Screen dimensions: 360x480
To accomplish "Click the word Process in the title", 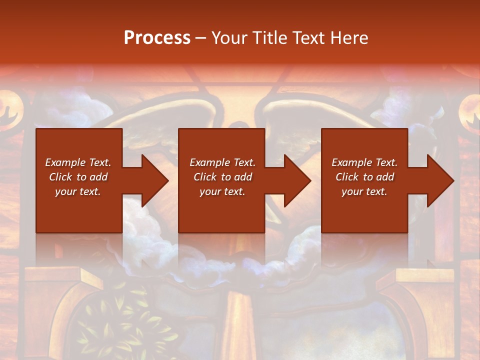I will click(157, 38).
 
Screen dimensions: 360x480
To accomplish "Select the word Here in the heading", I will click(349, 38).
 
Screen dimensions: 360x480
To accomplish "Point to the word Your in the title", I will click(229, 38).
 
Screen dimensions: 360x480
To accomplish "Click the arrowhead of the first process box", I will click(152, 181).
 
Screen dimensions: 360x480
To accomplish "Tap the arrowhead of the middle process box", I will click(295, 181).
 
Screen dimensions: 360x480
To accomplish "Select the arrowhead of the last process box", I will click(438, 181).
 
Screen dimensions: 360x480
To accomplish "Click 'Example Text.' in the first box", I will click(78, 162).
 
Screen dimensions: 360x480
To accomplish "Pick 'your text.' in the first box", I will click(78, 191).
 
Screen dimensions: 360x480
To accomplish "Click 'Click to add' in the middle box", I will click(222, 177).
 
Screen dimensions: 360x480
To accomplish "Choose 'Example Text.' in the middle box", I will click(222, 162).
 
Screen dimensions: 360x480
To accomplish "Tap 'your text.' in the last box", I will click(364, 191).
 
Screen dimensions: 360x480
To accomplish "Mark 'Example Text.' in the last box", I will click(364, 162).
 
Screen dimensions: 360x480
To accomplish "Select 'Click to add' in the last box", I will click(364, 177).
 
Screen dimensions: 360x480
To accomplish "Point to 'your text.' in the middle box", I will click(222, 191).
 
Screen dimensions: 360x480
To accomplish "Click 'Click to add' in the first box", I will click(78, 177).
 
